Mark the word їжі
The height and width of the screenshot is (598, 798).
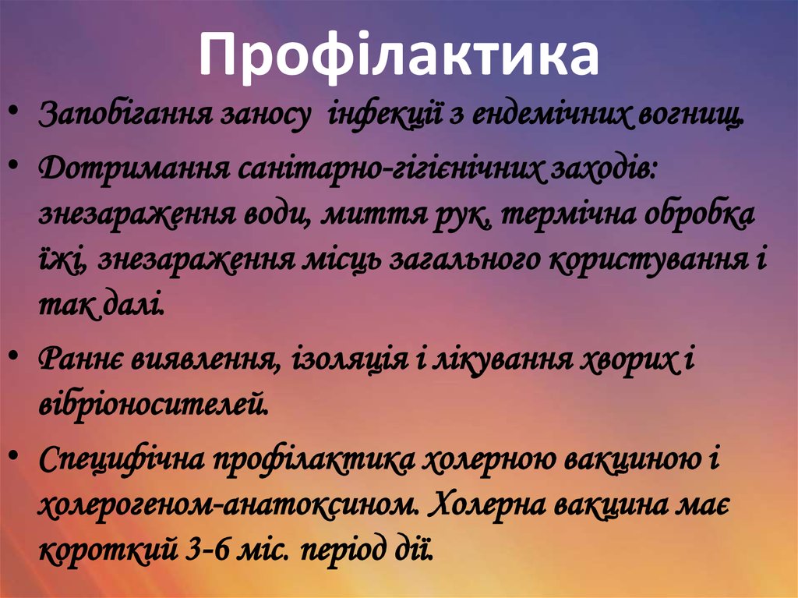pos(63,259)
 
